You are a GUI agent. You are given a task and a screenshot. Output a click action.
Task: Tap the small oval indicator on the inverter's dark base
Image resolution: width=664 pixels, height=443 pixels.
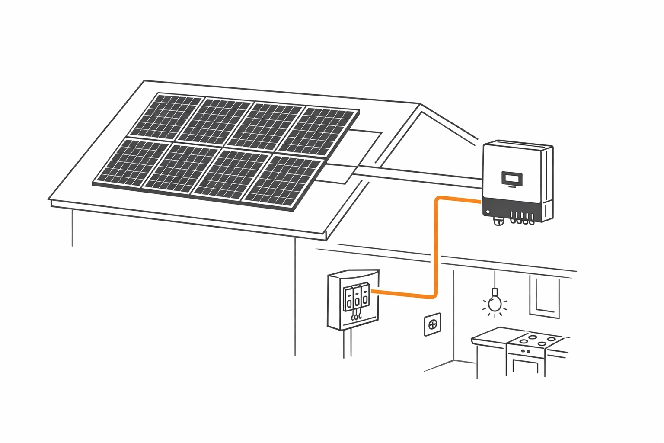tap(488, 212)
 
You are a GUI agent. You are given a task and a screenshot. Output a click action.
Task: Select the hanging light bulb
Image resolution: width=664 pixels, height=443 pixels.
tap(495, 304)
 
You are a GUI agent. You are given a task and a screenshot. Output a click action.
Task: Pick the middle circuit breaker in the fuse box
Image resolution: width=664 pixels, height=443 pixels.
tap(357, 298)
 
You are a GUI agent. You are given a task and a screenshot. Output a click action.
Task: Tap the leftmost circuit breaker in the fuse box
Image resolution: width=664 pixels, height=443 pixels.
tap(348, 299)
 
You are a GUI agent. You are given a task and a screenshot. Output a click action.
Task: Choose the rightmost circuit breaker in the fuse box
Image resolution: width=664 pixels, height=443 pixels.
tap(365, 297)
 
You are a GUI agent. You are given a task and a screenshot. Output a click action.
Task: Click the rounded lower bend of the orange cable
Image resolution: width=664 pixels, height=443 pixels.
tap(432, 294)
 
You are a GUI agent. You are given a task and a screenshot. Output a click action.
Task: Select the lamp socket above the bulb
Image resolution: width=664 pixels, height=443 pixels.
tap(495, 292)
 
